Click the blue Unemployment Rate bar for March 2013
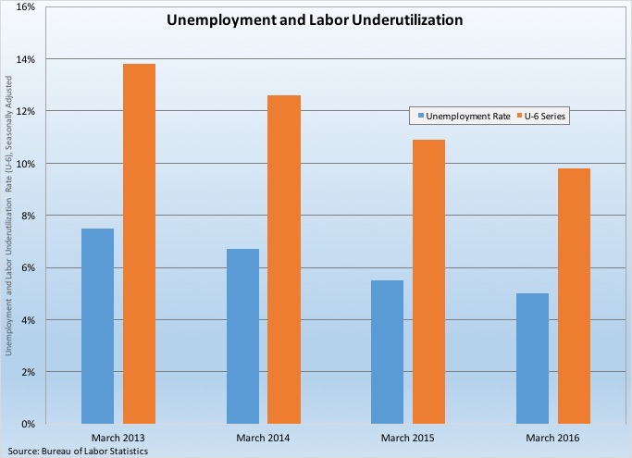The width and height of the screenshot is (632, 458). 97,326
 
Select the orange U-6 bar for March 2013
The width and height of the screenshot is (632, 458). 139,243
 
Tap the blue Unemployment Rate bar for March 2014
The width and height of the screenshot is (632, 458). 242,336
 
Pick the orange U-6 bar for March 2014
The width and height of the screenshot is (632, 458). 284,259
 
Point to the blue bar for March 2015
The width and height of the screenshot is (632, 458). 387,352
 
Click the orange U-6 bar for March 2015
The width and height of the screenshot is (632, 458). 428,281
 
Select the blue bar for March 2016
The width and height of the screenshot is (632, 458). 532,358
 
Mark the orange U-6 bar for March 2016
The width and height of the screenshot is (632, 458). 574,296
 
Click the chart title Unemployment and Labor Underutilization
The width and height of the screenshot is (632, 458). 315,19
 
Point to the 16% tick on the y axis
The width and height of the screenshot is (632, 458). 25,7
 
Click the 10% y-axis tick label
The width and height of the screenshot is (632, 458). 25,164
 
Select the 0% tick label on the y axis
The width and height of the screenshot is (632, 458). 28,424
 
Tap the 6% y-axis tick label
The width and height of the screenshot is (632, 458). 28,268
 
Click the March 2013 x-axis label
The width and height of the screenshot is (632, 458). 118,436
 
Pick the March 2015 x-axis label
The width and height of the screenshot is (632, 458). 407,436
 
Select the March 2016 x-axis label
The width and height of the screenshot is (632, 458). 552,436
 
